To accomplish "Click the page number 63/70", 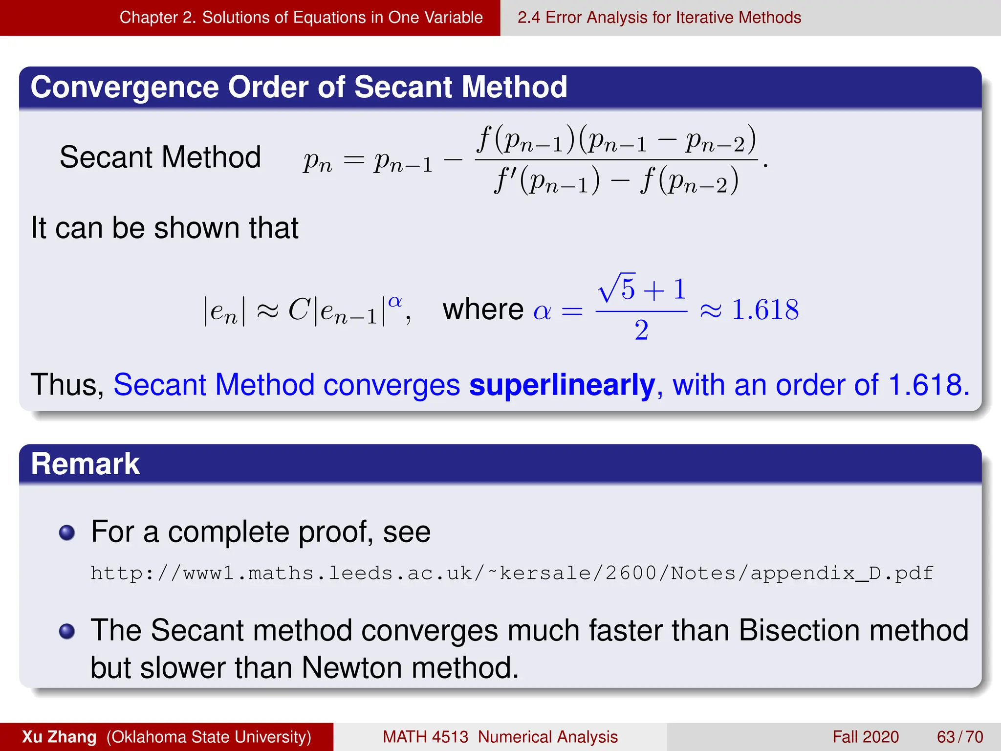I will tap(959, 737).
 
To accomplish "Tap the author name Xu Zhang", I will tap(59, 737).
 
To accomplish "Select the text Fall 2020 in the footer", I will tap(866, 737).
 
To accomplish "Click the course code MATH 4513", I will tap(425, 737).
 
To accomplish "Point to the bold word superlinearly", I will tap(562, 385).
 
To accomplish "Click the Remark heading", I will tap(86, 464).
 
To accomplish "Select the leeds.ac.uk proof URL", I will tap(512, 573).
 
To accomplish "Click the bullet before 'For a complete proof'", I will tap(67, 532).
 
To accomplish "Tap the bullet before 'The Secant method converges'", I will tap(67, 631).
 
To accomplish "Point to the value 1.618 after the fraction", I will tap(765, 310).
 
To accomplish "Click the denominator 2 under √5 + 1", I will tap(641, 331).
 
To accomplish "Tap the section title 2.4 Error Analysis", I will tap(659, 18).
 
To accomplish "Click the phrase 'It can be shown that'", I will tap(165, 228).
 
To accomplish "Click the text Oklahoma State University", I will tap(209, 737).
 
